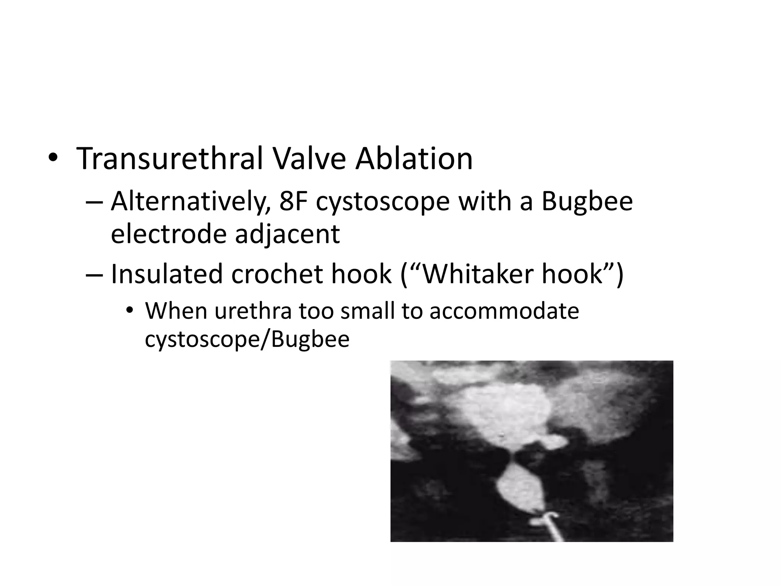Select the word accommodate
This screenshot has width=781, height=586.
(504, 311)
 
